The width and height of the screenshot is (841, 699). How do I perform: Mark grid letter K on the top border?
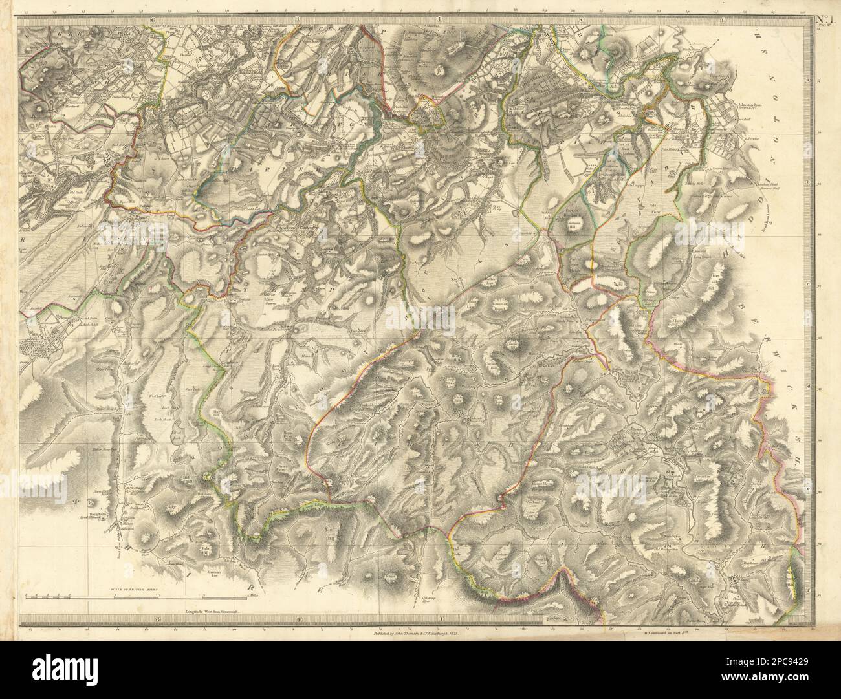(x=581, y=21)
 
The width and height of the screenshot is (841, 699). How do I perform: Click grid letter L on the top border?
(x=723, y=21)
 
